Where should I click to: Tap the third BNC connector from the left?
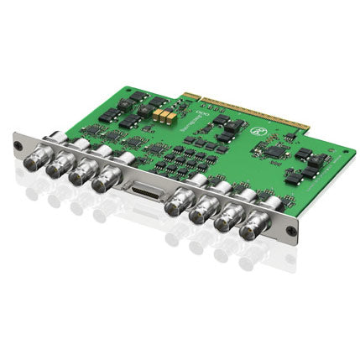pos(79,175)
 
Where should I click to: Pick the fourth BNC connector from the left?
pos(103,183)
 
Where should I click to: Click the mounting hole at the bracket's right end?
pos(290,232)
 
